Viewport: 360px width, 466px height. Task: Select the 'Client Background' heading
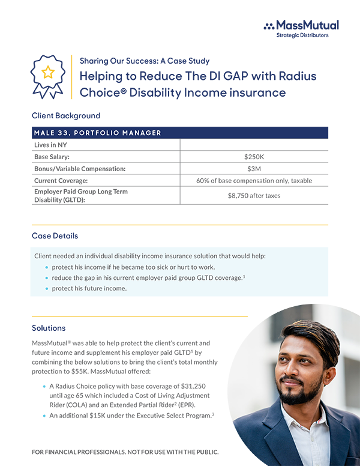click(x=66, y=115)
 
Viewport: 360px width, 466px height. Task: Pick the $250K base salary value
click(x=254, y=157)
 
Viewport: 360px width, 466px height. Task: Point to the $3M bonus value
click(x=254, y=169)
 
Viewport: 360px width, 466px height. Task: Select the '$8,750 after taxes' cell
click(x=254, y=196)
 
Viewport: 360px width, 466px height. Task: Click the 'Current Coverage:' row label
click(x=61, y=181)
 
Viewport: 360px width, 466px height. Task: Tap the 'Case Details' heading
click(x=55, y=236)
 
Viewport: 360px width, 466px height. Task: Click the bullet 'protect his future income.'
click(x=89, y=288)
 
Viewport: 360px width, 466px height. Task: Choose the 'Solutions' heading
click(x=49, y=328)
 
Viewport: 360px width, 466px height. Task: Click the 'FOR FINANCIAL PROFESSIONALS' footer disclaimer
click(x=125, y=451)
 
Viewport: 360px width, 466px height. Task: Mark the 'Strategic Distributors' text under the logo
click(x=302, y=35)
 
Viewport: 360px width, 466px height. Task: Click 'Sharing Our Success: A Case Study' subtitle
click(x=145, y=61)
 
